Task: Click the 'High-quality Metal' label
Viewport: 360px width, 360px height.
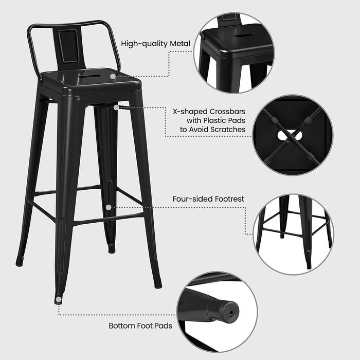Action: point(156,44)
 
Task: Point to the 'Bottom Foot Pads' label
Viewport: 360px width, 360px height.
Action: point(140,326)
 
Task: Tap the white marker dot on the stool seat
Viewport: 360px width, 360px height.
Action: point(112,76)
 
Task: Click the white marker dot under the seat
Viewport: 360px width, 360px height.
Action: point(116,107)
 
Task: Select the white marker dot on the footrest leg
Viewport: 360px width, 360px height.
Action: point(109,207)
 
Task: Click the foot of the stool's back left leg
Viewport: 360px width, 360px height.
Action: point(20,261)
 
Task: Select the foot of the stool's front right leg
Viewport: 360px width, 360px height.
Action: point(157,283)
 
